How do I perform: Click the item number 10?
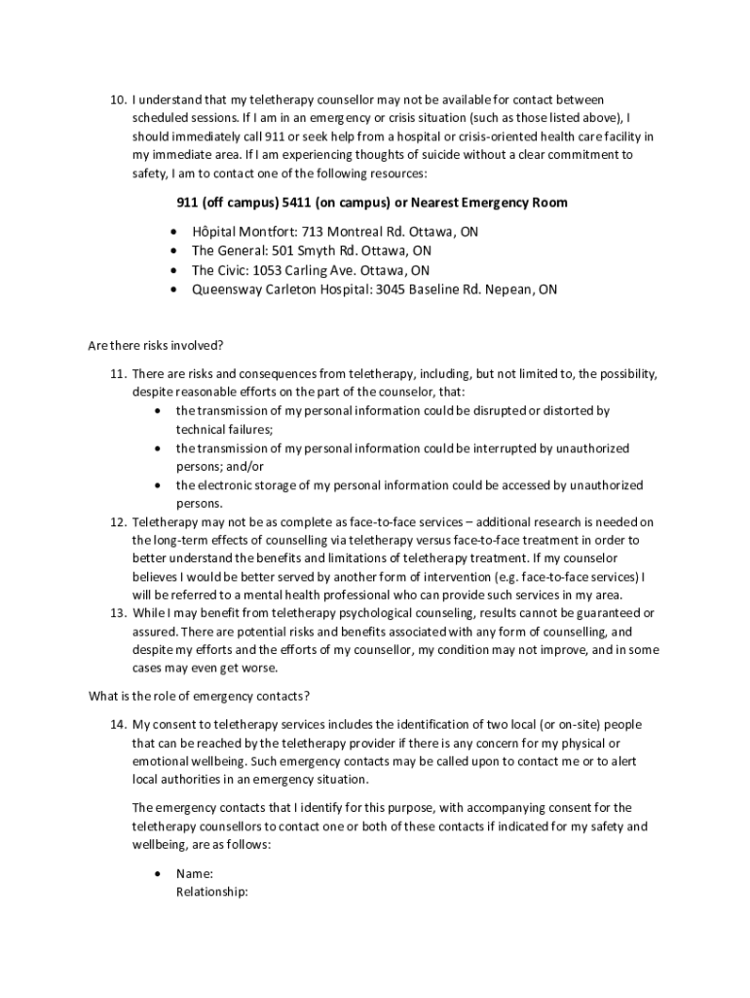pyautogui.click(x=117, y=99)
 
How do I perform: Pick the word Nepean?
pyautogui.click(x=509, y=289)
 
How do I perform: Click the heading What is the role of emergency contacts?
pyautogui.click(x=199, y=696)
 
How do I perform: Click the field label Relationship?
pyautogui.click(x=211, y=892)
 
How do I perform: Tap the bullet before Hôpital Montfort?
pyautogui.click(x=173, y=233)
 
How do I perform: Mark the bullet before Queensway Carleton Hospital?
pyautogui.click(x=173, y=290)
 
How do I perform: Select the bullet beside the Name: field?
pyautogui.click(x=158, y=875)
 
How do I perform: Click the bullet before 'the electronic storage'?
pyautogui.click(x=158, y=485)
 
